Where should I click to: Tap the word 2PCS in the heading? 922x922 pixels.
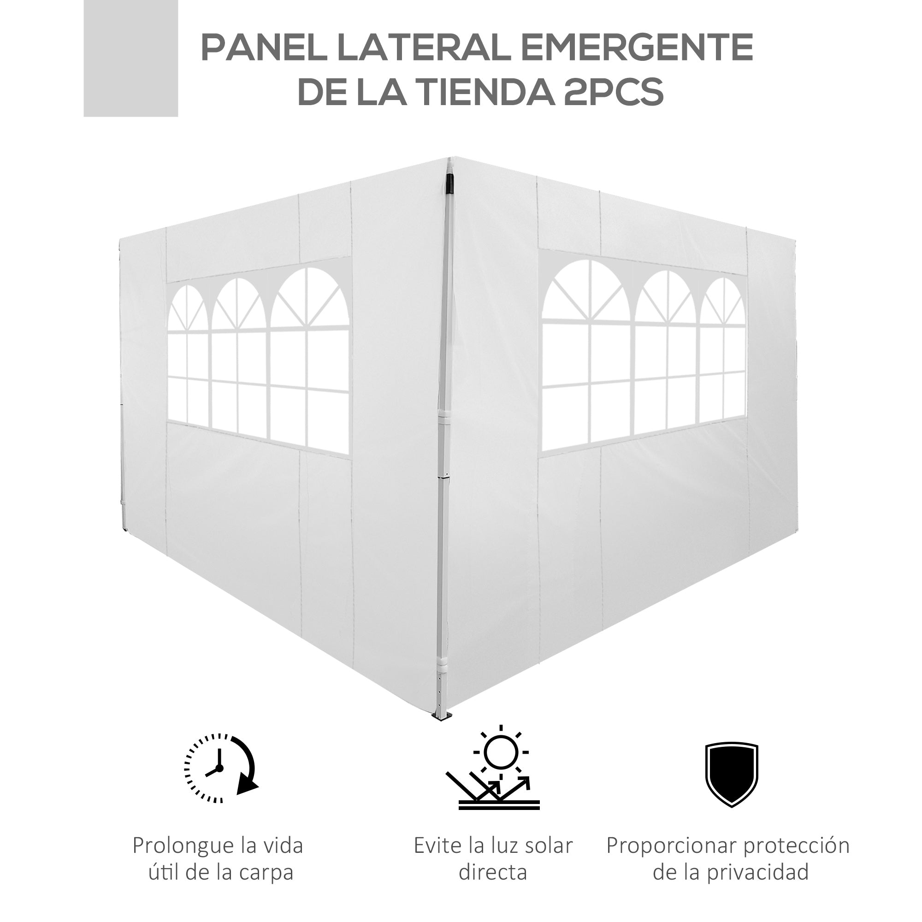coord(613,92)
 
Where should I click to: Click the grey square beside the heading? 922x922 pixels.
coord(131,58)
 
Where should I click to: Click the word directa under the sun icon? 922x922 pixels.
coord(493,872)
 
